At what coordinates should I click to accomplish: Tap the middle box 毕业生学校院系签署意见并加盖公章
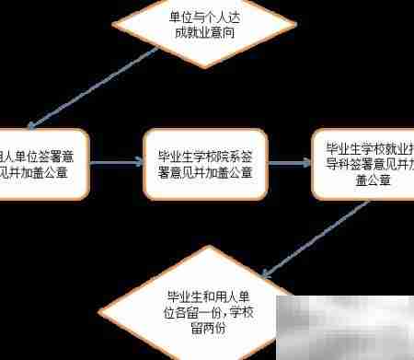(x=204, y=164)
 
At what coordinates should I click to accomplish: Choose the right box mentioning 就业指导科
(x=363, y=164)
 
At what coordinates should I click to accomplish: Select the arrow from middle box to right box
(x=289, y=164)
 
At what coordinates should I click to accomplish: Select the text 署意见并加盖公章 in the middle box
(x=205, y=172)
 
